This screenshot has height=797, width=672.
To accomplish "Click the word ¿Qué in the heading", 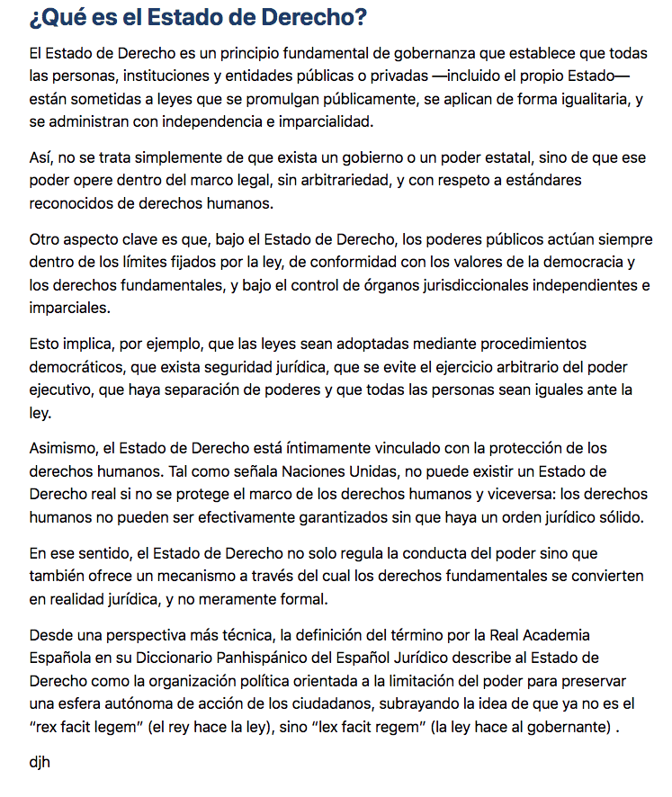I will point(57,18).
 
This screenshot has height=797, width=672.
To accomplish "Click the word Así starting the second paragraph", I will point(41,157).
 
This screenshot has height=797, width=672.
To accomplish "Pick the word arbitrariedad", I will point(347,180).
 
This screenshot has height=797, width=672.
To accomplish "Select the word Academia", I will point(558,636).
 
